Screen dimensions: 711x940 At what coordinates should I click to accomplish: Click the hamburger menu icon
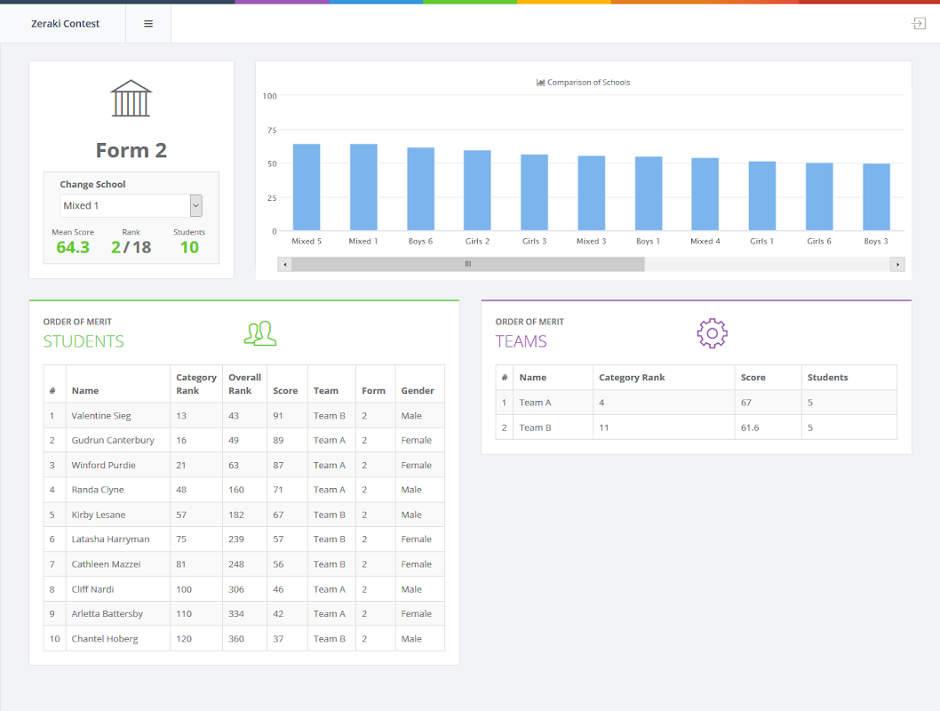148,24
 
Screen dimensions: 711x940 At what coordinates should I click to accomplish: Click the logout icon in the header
919,24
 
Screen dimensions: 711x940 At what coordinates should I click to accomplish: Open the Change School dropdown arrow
196,205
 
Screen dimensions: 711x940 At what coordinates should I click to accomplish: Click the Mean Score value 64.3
73,247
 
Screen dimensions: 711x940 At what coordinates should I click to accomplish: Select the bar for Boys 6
420,188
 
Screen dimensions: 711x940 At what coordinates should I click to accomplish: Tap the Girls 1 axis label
761,241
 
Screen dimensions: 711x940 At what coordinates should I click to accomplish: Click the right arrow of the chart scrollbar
897,264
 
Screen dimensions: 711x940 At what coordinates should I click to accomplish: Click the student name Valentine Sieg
101,416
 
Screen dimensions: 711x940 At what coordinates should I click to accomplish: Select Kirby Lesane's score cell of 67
278,515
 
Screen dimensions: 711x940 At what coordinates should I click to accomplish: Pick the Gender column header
418,391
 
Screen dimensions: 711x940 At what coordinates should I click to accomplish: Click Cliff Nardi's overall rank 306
236,589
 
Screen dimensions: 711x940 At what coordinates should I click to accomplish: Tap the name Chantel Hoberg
105,639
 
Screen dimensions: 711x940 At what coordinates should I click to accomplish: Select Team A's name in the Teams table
535,403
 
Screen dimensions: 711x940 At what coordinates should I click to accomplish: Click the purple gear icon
712,333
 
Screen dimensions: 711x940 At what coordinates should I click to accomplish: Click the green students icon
260,333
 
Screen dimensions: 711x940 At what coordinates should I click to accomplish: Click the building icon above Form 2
131,99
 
